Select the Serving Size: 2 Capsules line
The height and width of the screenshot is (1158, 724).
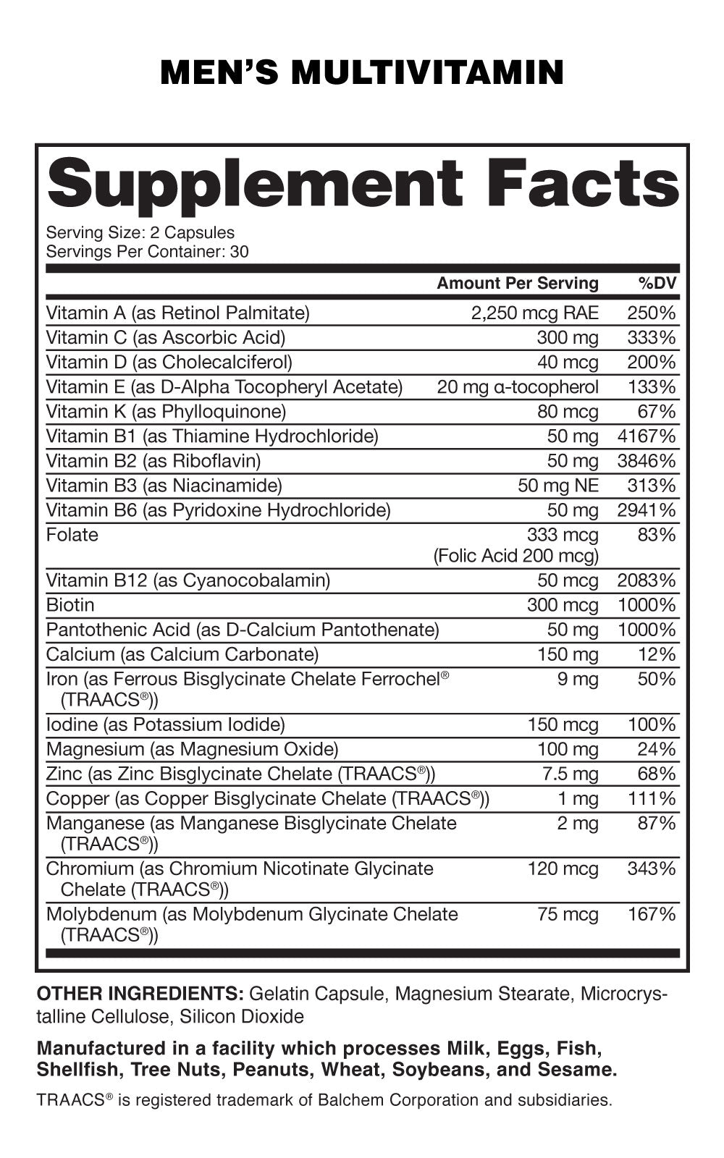coord(140,232)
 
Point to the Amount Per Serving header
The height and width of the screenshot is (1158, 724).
coord(518,283)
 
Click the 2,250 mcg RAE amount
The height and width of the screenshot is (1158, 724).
coord(534,313)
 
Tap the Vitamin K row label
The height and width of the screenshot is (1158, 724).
coord(166,411)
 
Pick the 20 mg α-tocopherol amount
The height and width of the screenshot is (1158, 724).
coord(518,386)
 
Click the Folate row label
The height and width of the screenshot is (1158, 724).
coord(72,534)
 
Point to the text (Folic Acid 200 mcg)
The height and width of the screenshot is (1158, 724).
coord(516,555)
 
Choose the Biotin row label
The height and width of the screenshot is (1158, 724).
coord(70,604)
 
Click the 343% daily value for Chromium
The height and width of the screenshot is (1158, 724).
coord(651,868)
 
